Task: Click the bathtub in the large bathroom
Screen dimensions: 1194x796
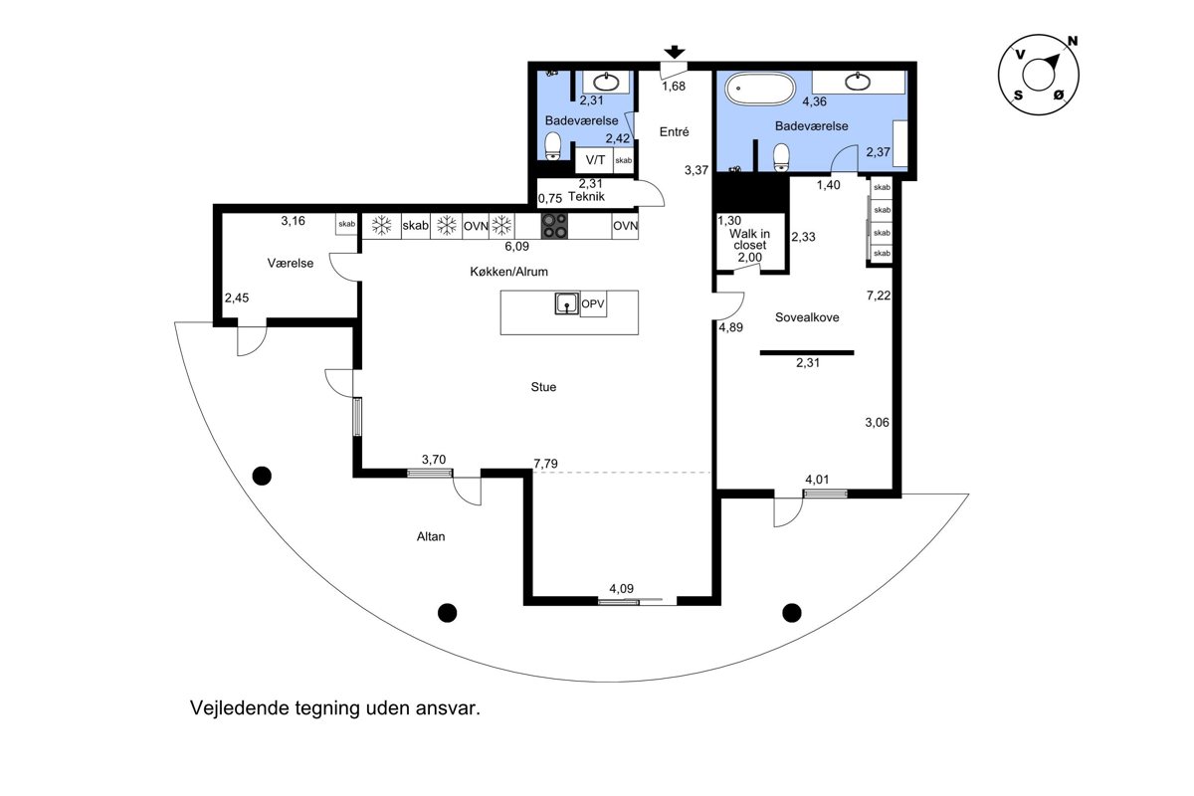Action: [759, 89]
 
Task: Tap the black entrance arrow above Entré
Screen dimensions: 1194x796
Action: [675, 53]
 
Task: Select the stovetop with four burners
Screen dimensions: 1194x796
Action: [555, 226]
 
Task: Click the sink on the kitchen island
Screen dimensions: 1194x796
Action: [567, 303]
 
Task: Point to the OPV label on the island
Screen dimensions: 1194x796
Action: [593, 303]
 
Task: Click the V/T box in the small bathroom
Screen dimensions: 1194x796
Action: [595, 160]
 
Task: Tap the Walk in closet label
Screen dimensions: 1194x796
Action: [749, 240]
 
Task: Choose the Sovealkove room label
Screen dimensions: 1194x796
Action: [807, 317]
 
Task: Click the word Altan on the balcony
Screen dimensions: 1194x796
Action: [431, 536]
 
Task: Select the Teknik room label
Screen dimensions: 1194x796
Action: [586, 196]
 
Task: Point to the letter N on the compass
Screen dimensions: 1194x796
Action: [1073, 41]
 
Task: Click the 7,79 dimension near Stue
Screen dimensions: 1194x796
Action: [546, 464]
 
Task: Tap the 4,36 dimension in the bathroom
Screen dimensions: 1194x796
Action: [815, 101]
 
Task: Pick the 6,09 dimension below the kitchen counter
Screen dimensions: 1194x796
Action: [517, 247]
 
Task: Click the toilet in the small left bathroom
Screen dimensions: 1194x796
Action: [553, 146]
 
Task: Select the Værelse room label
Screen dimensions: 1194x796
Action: [291, 263]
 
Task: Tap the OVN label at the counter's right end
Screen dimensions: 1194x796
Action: [625, 226]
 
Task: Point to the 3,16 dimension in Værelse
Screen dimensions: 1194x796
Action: [294, 221]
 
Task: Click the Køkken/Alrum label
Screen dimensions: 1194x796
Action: [509, 272]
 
